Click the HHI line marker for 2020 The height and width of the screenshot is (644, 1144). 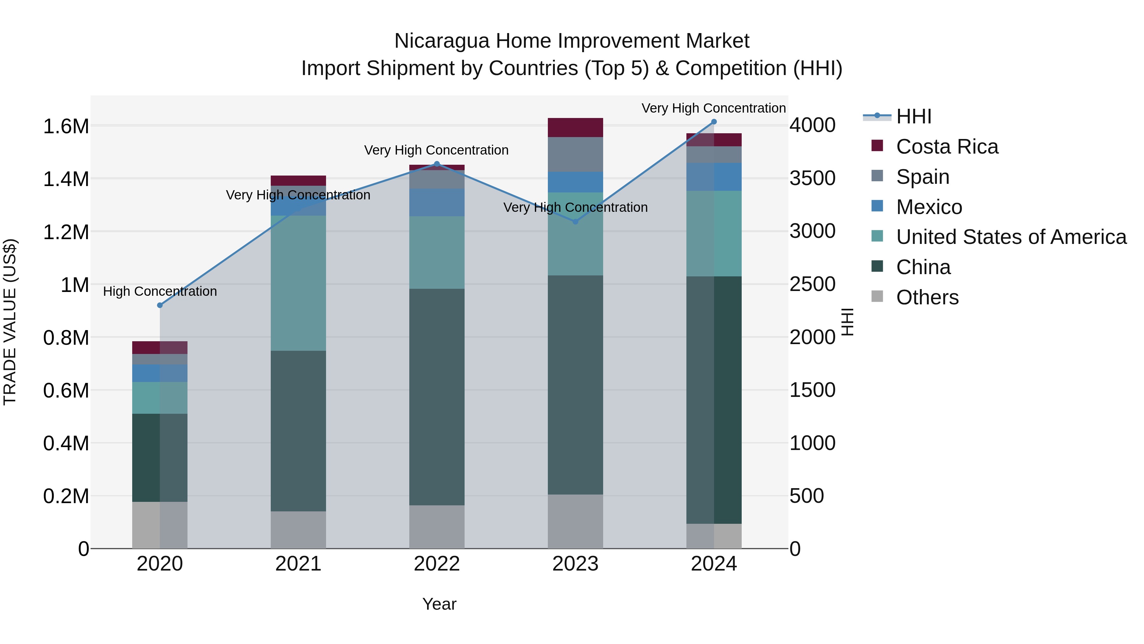coord(160,305)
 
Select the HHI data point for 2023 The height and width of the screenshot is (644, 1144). coord(575,221)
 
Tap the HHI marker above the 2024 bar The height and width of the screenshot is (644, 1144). coord(714,122)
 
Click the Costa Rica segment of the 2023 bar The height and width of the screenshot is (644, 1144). coord(575,128)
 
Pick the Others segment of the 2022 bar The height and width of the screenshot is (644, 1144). coord(437,527)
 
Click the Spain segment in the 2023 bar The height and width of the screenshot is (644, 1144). coord(575,154)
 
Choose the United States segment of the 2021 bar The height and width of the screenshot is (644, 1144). coord(298,283)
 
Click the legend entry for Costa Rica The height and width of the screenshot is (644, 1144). coord(947,147)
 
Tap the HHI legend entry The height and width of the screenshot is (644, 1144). coord(914,116)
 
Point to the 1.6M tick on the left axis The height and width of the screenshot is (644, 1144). coord(66,127)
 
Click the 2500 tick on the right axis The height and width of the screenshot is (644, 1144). coord(812,284)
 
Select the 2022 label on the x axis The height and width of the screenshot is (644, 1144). coord(437,564)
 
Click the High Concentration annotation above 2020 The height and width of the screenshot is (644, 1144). coord(160,292)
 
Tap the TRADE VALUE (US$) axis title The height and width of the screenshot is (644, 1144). coord(10,322)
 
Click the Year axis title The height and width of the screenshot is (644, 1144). coord(439,604)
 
